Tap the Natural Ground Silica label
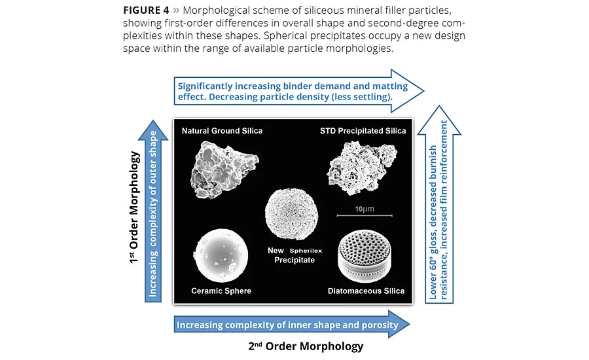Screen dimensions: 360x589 click(x=222, y=131)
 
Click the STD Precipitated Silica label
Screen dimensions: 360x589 click(x=364, y=131)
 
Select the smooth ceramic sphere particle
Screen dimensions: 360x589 click(x=223, y=256)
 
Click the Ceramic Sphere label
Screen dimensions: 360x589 click(x=221, y=291)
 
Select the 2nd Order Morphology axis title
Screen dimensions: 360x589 click(x=305, y=346)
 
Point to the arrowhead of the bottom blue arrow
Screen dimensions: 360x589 click(x=400, y=324)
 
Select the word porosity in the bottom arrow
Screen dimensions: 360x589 click(x=375, y=325)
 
